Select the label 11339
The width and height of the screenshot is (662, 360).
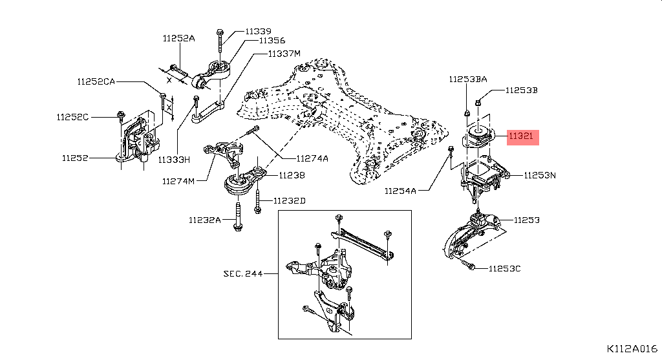(x=259, y=31)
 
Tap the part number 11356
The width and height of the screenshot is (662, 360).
(x=272, y=41)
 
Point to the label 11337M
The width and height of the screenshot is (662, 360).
(x=284, y=54)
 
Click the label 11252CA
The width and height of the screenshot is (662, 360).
(x=96, y=81)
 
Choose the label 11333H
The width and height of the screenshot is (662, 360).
(x=174, y=160)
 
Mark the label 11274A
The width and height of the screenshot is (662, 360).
(x=312, y=158)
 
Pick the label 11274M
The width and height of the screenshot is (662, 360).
(x=178, y=181)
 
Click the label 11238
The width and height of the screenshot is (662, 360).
(x=292, y=175)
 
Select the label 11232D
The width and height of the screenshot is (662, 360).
(x=289, y=200)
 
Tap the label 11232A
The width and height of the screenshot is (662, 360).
(x=205, y=220)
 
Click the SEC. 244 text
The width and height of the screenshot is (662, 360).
(x=243, y=273)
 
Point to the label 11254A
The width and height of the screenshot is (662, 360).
(x=400, y=191)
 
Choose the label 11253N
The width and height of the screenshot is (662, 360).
(x=540, y=175)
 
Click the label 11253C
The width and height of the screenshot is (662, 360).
(x=504, y=268)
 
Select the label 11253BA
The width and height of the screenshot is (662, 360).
(x=468, y=79)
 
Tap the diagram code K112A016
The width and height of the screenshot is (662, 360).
(x=632, y=348)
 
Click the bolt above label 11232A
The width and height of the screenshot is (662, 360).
(x=238, y=217)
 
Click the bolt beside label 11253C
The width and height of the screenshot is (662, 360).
(x=467, y=264)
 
